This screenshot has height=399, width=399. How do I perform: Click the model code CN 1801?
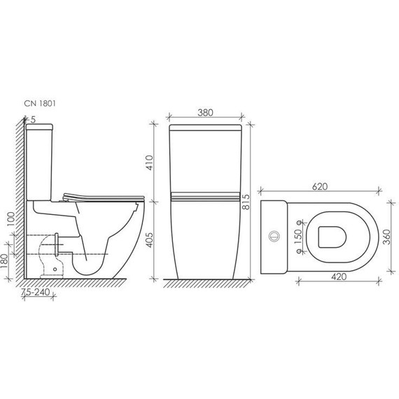pyautogui.click(x=40, y=104)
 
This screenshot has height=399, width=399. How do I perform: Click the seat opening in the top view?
pyautogui.click(x=331, y=237)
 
